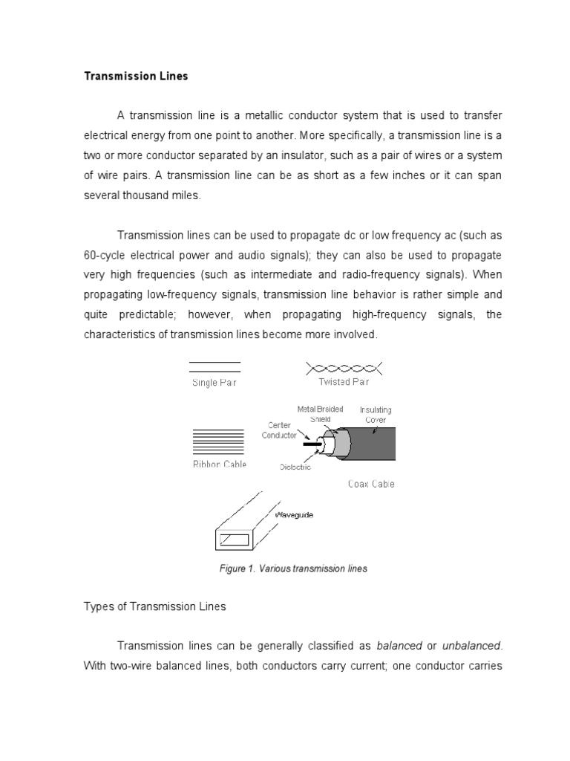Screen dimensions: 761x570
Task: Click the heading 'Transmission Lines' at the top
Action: click(135, 77)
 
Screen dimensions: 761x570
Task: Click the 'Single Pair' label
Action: click(214, 383)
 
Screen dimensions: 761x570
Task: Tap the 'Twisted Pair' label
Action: click(344, 382)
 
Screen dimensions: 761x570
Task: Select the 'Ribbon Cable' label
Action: click(219, 464)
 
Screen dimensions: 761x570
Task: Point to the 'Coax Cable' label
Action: click(371, 484)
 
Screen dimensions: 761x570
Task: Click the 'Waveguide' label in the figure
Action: click(294, 514)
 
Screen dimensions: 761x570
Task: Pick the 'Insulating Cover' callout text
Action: click(376, 415)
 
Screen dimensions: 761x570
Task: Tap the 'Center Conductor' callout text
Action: click(279, 430)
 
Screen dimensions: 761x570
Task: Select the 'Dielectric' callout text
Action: click(295, 467)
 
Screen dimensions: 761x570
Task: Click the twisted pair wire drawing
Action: click(344, 367)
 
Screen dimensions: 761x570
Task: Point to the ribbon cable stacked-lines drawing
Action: click(217, 442)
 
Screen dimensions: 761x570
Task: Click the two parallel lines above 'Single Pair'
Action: click(215, 366)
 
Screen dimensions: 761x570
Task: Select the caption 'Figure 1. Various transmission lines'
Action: click(293, 569)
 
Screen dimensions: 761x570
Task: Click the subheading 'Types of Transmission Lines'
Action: click(154, 606)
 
